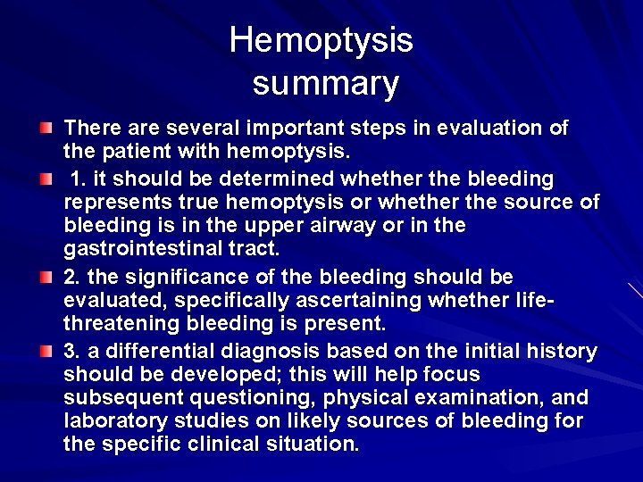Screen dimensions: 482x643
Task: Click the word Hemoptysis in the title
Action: [x=321, y=41]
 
